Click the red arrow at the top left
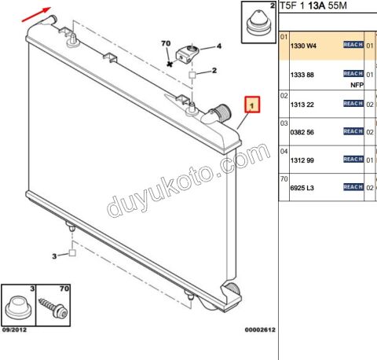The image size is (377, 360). [36, 15]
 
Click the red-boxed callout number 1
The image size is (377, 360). [252, 105]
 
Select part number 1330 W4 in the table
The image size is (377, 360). [303, 46]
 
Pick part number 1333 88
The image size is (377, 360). [302, 75]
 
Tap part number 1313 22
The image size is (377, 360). [302, 105]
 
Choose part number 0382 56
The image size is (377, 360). [302, 132]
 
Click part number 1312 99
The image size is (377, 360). [302, 160]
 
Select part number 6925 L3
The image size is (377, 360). [302, 188]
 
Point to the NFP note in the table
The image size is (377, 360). [357, 85]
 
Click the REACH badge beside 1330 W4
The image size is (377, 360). [353, 45]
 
